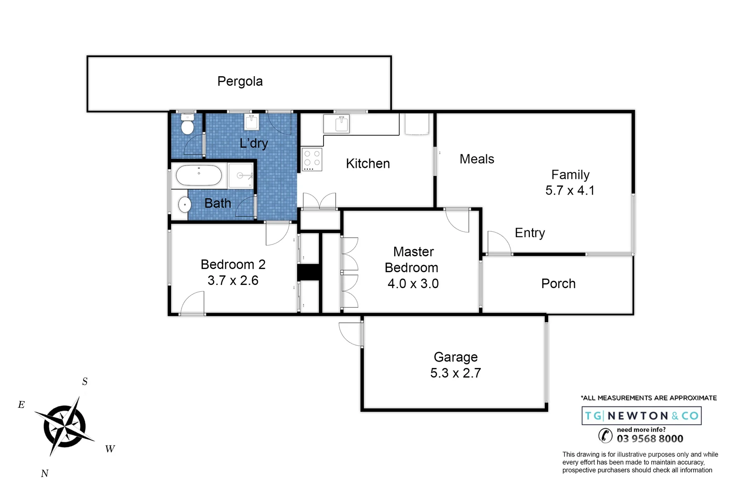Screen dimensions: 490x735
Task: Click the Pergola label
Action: pyautogui.click(x=240, y=81)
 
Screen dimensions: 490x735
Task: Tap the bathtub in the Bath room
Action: pyautogui.click(x=199, y=176)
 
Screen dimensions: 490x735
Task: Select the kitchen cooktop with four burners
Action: pyautogui.click(x=312, y=159)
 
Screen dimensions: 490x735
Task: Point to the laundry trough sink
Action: pyautogui.click(x=251, y=122)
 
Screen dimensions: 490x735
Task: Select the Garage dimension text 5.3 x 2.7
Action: pyautogui.click(x=456, y=373)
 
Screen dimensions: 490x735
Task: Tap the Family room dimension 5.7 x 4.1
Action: pyautogui.click(x=570, y=191)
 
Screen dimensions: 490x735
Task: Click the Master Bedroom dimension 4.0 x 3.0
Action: pyautogui.click(x=413, y=284)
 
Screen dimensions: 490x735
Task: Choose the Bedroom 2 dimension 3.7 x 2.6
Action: pyautogui.click(x=233, y=280)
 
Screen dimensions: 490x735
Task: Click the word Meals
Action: pyautogui.click(x=477, y=159)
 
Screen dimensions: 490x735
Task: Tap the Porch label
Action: pyautogui.click(x=558, y=284)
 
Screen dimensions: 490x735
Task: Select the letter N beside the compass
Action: pyautogui.click(x=44, y=474)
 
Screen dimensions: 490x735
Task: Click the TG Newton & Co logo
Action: pyautogui.click(x=642, y=416)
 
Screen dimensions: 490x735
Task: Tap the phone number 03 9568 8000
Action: pyautogui.click(x=650, y=439)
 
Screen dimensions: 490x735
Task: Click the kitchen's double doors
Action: pyautogui.click(x=319, y=201)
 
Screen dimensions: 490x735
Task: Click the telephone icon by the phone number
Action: pyautogui.click(x=605, y=436)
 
